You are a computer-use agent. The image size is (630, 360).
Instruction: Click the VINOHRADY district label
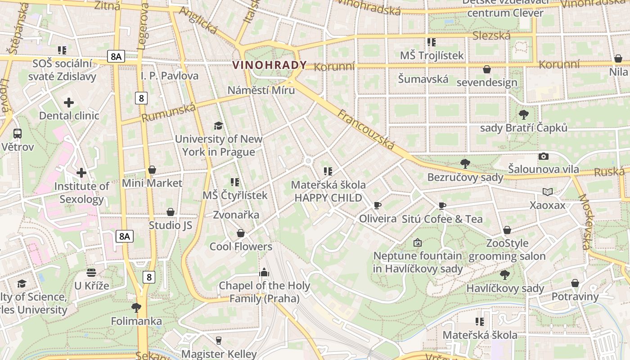click(x=269, y=65)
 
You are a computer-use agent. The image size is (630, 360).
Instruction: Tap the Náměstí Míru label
click(x=261, y=90)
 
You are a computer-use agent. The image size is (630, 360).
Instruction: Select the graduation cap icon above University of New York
click(x=218, y=126)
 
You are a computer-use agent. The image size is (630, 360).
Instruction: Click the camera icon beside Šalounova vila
click(x=544, y=156)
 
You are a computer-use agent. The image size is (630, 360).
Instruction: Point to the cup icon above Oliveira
click(x=378, y=206)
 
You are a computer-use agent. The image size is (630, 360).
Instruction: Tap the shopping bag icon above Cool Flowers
click(x=241, y=233)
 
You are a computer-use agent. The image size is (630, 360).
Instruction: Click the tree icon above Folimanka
click(x=136, y=308)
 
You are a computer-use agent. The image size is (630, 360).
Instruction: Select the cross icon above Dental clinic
click(x=69, y=103)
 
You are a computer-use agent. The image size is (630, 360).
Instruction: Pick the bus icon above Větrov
click(x=18, y=134)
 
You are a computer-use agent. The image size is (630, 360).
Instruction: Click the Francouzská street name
click(x=366, y=129)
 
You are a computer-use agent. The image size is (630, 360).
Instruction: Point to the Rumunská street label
click(x=169, y=112)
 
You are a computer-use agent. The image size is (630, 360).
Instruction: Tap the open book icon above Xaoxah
click(x=547, y=192)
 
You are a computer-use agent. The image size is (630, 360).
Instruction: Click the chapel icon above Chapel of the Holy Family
click(x=264, y=272)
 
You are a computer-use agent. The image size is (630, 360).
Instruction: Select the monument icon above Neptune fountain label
click(x=418, y=243)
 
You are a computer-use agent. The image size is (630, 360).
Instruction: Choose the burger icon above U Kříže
click(x=91, y=273)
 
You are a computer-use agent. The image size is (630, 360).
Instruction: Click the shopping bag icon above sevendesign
click(x=486, y=69)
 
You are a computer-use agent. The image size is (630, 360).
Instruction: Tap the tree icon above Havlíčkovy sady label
click(x=505, y=274)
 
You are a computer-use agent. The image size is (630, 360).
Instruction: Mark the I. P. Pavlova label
click(x=169, y=76)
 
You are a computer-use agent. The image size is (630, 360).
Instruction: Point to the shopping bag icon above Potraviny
click(x=575, y=283)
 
